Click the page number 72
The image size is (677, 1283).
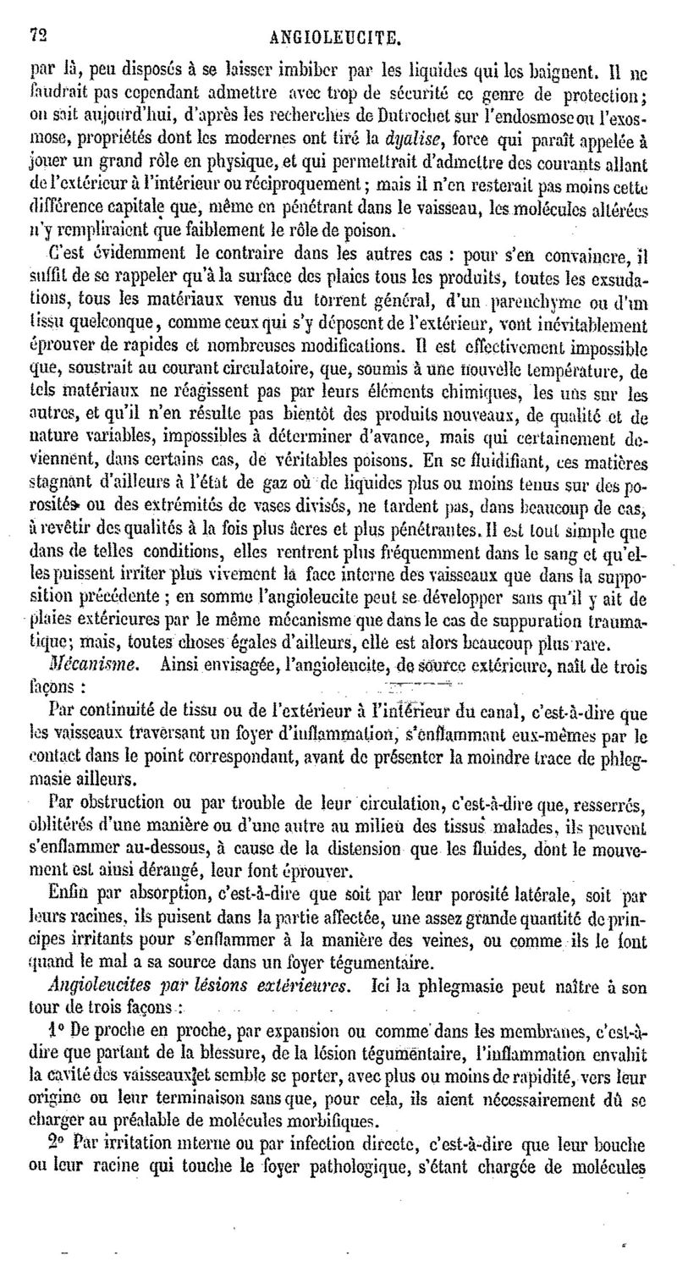tap(36, 36)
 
